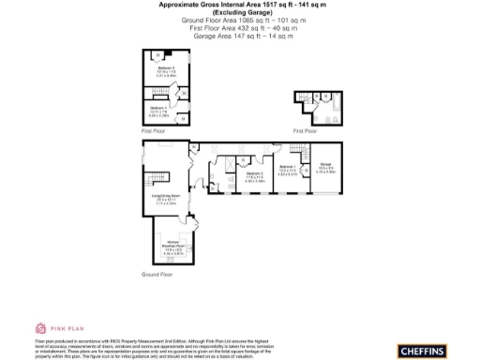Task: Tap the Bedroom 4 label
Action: pos(158,109)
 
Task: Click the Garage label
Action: pos(325,169)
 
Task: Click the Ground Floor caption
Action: pos(157,276)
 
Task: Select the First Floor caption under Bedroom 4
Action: pos(153,131)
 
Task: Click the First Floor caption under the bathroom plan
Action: pos(305,130)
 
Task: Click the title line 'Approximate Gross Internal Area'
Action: pos(240,5)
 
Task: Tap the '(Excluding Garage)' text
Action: pos(240,11)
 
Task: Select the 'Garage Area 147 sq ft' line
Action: pos(240,36)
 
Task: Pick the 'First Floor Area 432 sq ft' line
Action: pos(240,28)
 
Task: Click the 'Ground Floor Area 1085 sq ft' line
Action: pos(240,20)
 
